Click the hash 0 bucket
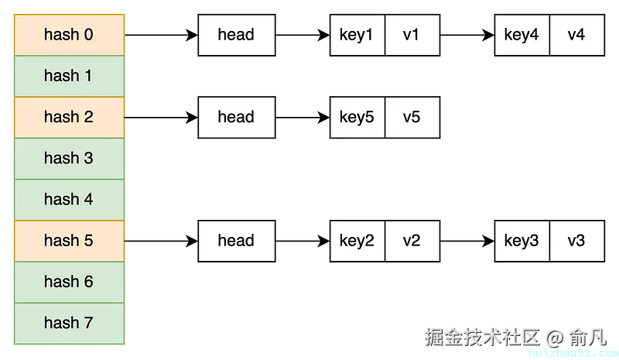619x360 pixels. coord(69,35)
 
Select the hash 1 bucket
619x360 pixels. coord(69,76)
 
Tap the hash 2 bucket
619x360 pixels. coord(69,117)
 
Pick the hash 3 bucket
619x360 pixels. coord(69,158)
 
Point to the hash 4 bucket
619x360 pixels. coord(69,199)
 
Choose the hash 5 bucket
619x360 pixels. coord(69,240)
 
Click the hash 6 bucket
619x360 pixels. coord(69,282)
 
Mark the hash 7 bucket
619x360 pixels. coord(69,323)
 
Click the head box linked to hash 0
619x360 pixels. coord(236,35)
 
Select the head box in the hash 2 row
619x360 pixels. coord(236,117)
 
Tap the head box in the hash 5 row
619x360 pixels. coord(236,240)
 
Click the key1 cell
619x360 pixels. coord(357,35)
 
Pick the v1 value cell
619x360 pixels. coord(412,35)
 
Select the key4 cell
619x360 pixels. coord(522,35)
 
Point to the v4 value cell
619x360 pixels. coord(576,35)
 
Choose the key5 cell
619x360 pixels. coord(357,117)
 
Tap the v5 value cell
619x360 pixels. coord(412,117)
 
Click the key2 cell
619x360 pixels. coord(357,240)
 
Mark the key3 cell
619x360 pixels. coord(522,240)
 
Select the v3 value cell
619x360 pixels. coord(576,240)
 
